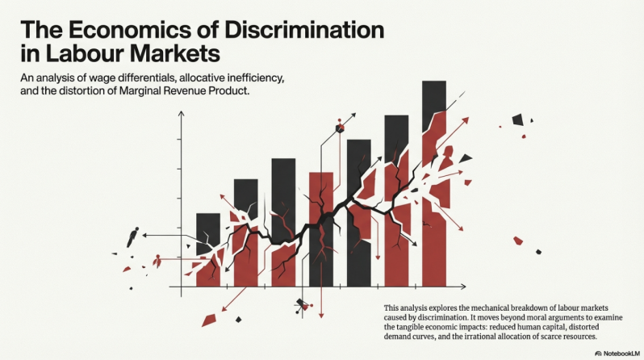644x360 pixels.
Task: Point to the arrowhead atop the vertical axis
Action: [182, 115]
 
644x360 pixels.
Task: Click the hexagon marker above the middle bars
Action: [340, 127]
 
